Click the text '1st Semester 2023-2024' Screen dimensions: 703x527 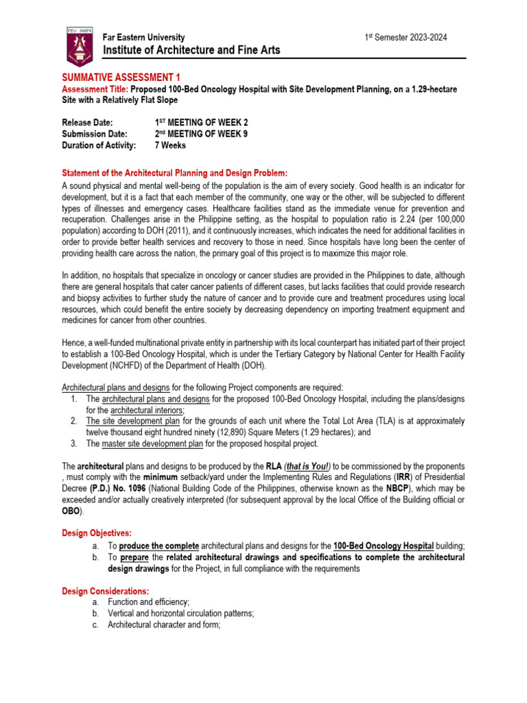pyautogui.click(x=406, y=38)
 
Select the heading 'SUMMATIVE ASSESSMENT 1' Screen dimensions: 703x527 pyautogui.click(x=121, y=78)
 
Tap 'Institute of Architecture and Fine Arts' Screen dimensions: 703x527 pyautogui.click(x=191, y=51)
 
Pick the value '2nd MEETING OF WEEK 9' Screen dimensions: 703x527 pyautogui.click(x=202, y=134)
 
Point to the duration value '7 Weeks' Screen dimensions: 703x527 pyautogui.click(x=171, y=146)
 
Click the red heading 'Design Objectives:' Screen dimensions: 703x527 pyautogui.click(x=98, y=533)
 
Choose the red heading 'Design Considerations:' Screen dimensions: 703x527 pyautogui.click(x=105, y=590)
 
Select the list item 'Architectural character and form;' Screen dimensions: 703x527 pyautogui.click(x=163, y=625)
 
